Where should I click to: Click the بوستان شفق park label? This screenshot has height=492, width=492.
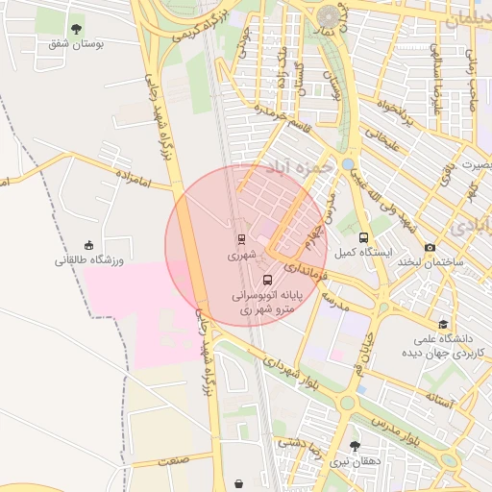pyautogui.click(x=76, y=43)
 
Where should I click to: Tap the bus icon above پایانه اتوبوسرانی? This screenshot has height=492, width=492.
pyautogui.click(x=266, y=282)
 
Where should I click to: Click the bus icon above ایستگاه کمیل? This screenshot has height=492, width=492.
pyautogui.click(x=363, y=237)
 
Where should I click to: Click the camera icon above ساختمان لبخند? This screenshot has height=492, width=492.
pyautogui.click(x=430, y=247)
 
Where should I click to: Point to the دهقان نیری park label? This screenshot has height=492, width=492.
pyautogui.click(x=356, y=461)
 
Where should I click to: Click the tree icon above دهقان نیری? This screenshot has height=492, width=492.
pyautogui.click(x=356, y=446)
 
